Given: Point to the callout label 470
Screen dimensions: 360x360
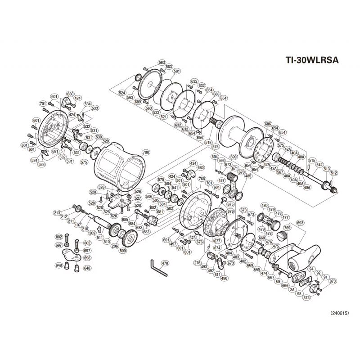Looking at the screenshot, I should tap(164, 263).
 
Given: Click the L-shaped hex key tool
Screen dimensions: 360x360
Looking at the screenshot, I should tap(157, 269).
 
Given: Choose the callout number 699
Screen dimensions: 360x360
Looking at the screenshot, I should tap(233, 157).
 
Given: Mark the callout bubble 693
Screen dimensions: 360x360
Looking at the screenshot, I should tap(301, 223).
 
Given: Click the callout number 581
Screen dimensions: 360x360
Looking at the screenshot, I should tap(176, 71).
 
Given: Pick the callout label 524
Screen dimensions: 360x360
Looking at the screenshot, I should tap(122, 93).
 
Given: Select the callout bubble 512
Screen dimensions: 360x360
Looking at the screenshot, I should tap(333, 173).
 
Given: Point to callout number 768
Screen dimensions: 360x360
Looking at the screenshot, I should tap(202, 179).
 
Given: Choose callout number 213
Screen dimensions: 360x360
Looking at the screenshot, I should tap(57, 213).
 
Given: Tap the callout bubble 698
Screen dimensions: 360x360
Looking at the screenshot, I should tap(87, 258).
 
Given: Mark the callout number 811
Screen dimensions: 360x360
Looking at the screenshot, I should tap(218, 274).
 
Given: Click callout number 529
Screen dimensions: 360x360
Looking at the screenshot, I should tap(106, 141).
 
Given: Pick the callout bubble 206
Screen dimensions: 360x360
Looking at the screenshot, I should tap(114, 246).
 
